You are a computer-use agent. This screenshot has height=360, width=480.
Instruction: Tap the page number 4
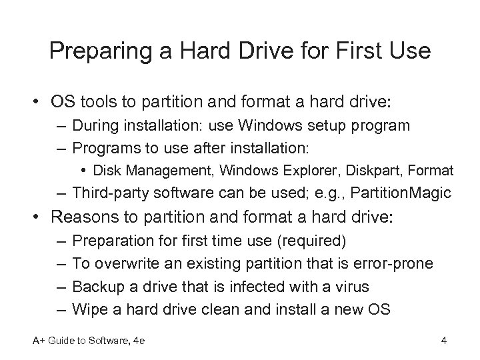click(443, 342)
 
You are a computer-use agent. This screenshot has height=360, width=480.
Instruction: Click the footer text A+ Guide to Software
click(80, 342)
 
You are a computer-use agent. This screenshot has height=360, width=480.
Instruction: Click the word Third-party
click(110, 193)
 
